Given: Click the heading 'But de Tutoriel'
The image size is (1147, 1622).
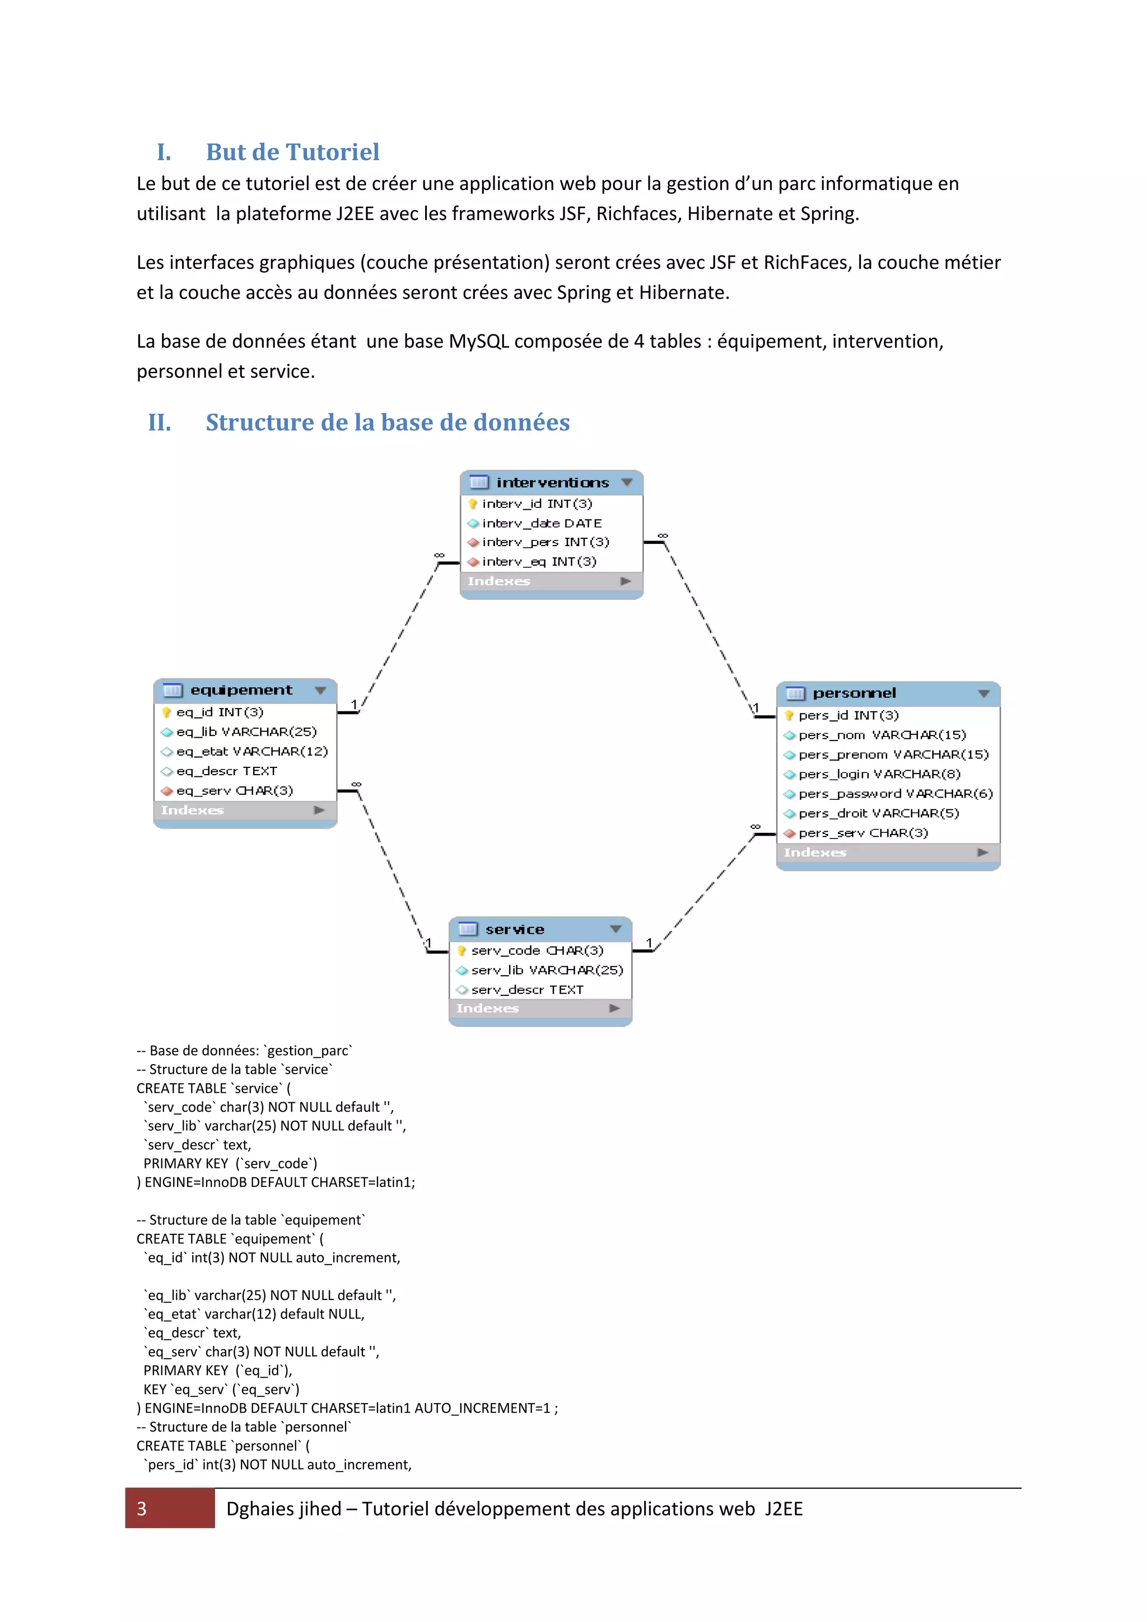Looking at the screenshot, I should pyautogui.click(x=292, y=152).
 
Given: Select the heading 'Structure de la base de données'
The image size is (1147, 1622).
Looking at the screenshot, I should pyautogui.click(x=387, y=422).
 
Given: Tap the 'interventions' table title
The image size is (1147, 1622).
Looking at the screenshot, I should pyautogui.click(x=552, y=482).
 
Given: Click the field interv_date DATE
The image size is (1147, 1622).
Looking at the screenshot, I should pyautogui.click(x=542, y=523).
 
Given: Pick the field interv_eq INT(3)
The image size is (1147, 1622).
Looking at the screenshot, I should pyautogui.click(x=539, y=562).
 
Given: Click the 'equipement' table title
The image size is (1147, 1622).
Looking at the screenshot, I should pyautogui.click(x=241, y=689).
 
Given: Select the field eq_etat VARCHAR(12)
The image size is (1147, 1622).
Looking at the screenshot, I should pyautogui.click(x=252, y=751).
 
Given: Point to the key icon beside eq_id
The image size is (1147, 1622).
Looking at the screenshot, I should pyautogui.click(x=167, y=712).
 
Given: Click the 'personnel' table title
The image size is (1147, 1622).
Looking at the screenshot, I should pyautogui.click(x=854, y=693).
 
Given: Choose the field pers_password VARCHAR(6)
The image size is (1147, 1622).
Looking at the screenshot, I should pyautogui.click(x=895, y=793).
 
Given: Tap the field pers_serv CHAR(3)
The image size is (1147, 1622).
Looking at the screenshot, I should pyautogui.click(x=863, y=833).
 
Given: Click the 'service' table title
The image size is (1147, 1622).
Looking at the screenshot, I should pyautogui.click(x=514, y=929).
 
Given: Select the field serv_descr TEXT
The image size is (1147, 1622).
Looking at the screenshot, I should pyautogui.click(x=527, y=990).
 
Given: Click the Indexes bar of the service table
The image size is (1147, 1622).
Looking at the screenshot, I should pyautogui.click(x=539, y=1008).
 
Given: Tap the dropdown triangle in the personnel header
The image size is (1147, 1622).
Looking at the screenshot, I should pyautogui.click(x=983, y=694).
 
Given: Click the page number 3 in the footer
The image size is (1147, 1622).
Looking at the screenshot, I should pyautogui.click(x=142, y=1508).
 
